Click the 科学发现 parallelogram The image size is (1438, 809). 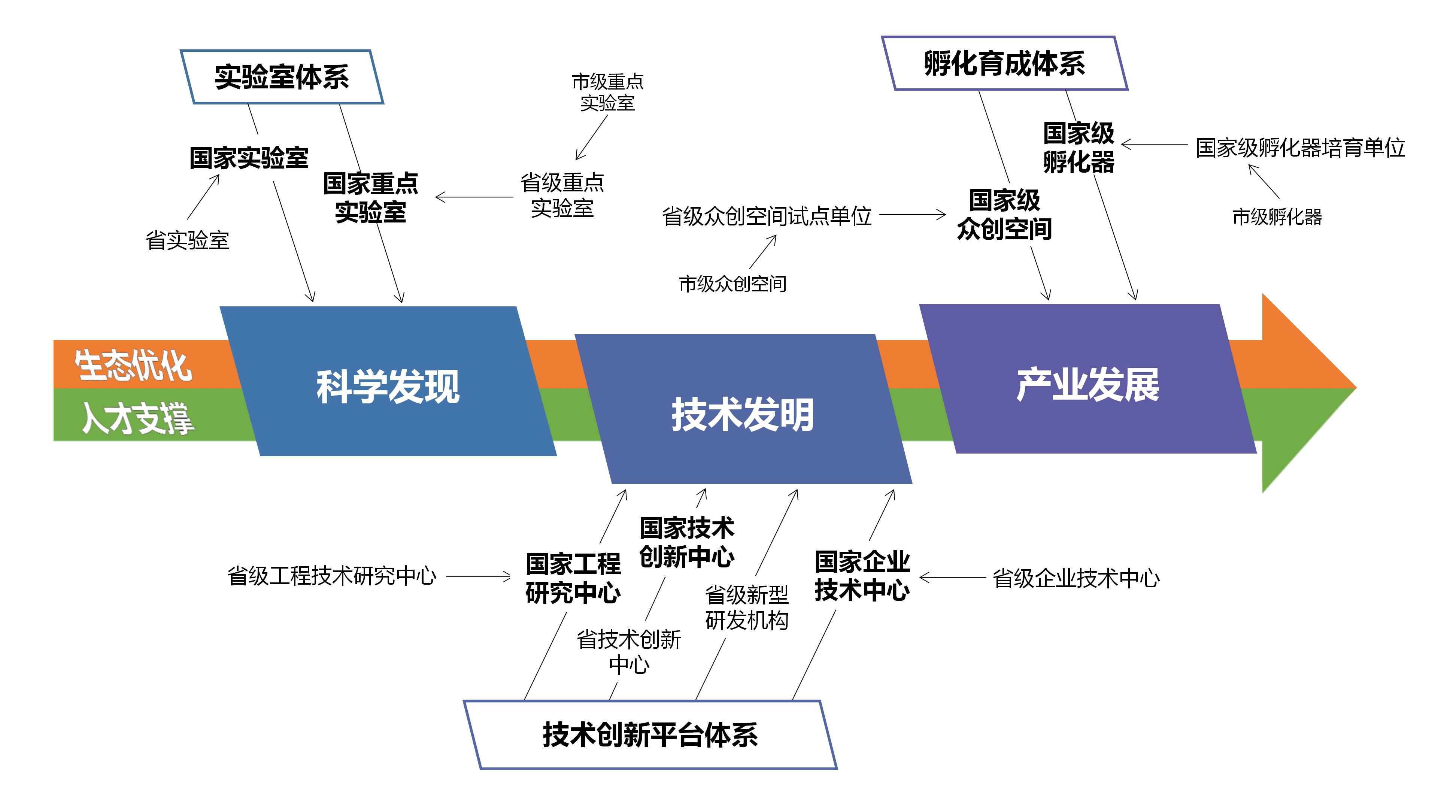pos(388,385)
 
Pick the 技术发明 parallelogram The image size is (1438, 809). pos(743,413)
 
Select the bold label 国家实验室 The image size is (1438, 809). pos(249,158)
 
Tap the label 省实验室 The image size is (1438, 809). pos(188,240)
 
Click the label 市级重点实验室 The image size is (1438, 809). pos(607,93)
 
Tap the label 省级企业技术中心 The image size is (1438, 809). pos(1076,578)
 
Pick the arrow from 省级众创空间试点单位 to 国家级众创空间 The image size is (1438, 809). pos(912,214)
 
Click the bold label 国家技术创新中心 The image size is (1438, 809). pos(687,542)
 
